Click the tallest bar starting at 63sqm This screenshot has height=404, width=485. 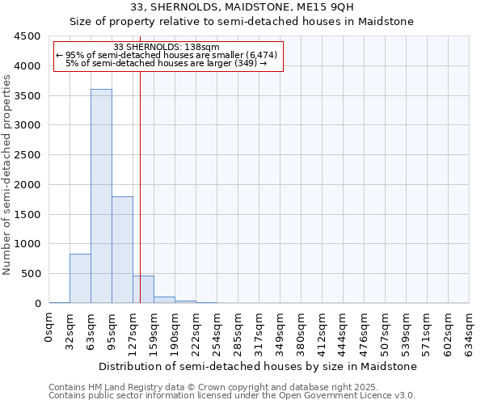101,196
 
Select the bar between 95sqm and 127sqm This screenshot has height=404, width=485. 122,250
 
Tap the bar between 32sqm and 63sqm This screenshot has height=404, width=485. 80,279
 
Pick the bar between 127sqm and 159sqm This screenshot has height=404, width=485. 143,289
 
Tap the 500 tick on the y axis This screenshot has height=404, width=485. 32,274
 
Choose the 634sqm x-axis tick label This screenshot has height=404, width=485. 470,330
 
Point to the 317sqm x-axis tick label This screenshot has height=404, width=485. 259,330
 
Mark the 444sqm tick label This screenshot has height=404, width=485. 344,330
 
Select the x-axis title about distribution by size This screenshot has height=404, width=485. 259,366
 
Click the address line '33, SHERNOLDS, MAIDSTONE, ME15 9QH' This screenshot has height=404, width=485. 242,7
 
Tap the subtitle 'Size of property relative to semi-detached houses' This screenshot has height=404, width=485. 242,22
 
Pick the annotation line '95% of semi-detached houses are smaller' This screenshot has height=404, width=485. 167,55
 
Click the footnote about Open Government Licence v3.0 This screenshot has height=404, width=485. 232,396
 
